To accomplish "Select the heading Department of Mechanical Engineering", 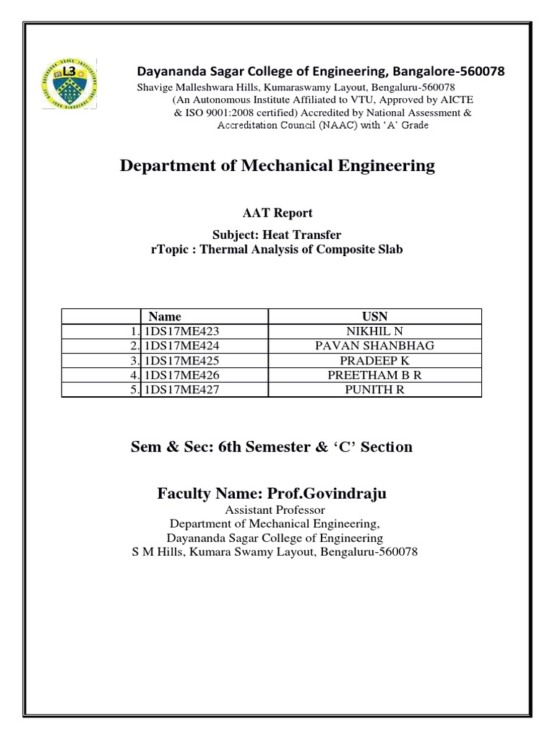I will [277, 166].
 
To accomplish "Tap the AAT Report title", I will [277, 213].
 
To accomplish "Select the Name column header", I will [164, 316].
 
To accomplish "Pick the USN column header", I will [374, 316].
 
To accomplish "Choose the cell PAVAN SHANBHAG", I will [374, 346].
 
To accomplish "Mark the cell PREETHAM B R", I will [374, 375].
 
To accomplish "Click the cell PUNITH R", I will [374, 390].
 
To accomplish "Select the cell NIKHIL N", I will [374, 331].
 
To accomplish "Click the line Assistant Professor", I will [277, 510].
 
